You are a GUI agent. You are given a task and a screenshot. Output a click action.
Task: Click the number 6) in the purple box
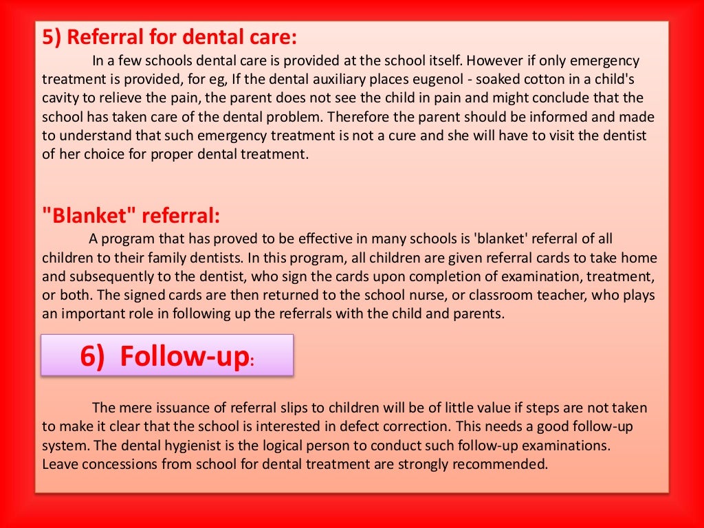(93, 355)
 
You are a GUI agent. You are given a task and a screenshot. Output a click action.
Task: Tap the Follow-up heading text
(184, 355)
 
